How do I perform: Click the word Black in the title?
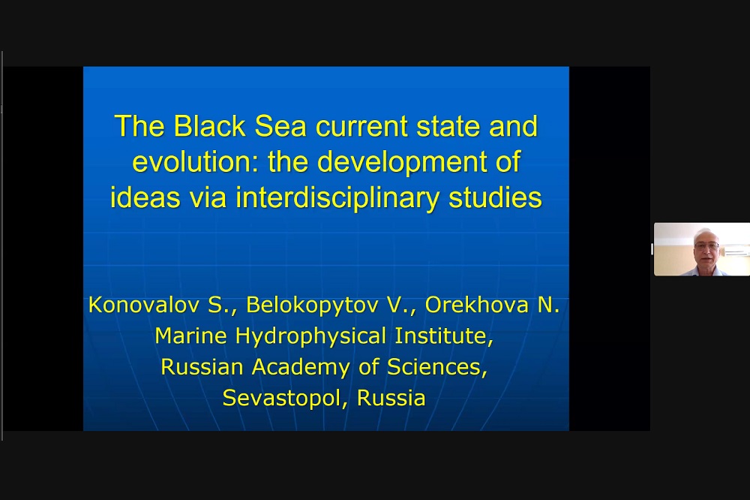209,126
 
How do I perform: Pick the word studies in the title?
495,197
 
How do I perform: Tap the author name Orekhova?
476,305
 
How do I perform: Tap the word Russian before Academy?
202,367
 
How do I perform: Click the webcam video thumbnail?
702,249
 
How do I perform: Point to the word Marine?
190,336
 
